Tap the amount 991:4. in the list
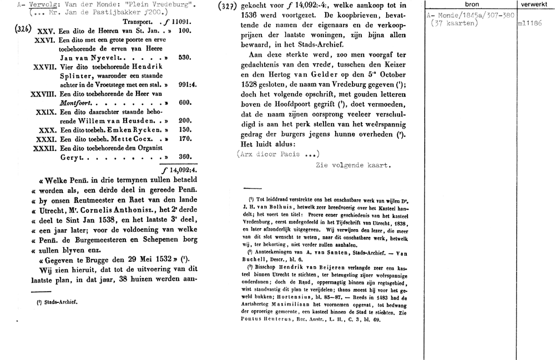[x=185, y=85]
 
